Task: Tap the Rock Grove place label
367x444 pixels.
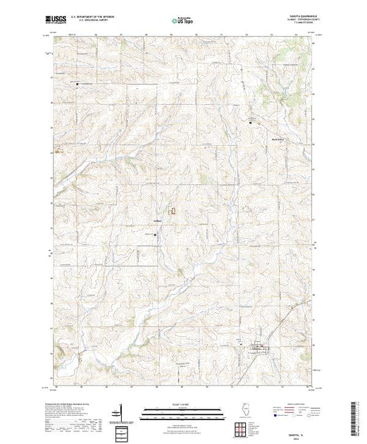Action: pyautogui.click(x=258, y=138)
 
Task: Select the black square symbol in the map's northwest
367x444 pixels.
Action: pyautogui.click(x=78, y=84)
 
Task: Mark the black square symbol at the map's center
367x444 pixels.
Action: pyautogui.click(x=156, y=235)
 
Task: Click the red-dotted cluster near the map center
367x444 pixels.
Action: pyautogui.click(x=170, y=209)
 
